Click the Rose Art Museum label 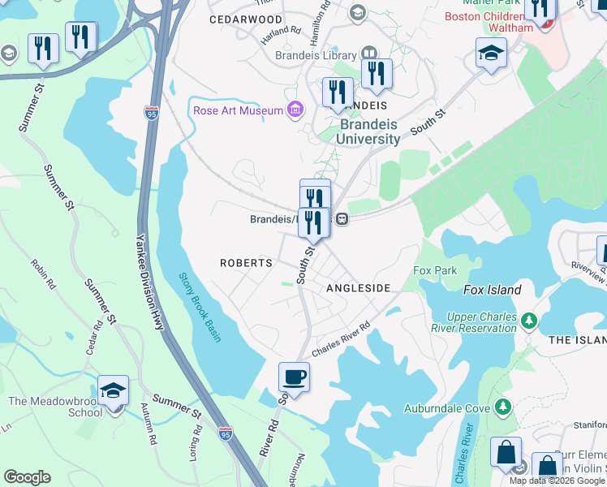click(238, 110)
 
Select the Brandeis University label click(369, 131)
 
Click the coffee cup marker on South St click(294, 377)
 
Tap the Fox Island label click(494, 290)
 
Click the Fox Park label click(435, 270)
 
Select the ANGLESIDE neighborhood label click(358, 288)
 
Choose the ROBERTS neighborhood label click(246, 263)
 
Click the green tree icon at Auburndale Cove click(504, 405)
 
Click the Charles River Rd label click(341, 337)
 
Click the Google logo click(27, 477)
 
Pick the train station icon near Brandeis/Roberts click(343, 218)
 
